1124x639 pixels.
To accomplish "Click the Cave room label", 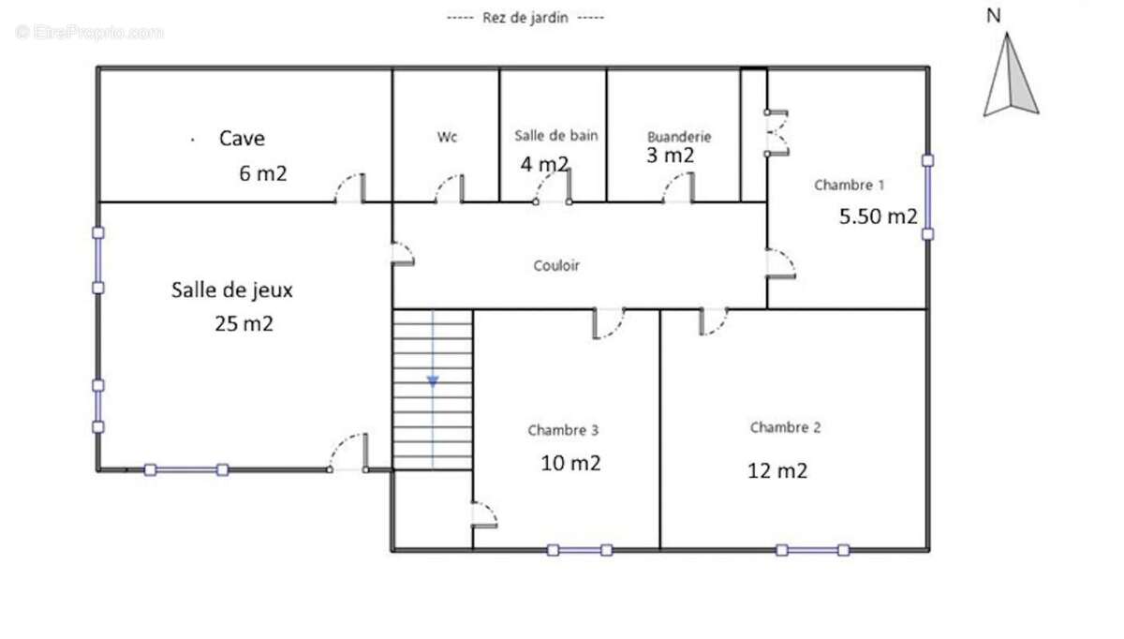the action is pyautogui.click(x=242, y=139).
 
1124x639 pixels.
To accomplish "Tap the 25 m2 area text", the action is pyautogui.click(x=244, y=324).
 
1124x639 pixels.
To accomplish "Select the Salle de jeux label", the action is pyautogui.click(x=232, y=290).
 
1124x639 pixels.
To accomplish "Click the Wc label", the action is pyautogui.click(x=447, y=137).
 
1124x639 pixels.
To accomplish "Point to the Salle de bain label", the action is pyautogui.click(x=556, y=136).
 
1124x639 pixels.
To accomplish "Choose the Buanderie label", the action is pyautogui.click(x=679, y=137).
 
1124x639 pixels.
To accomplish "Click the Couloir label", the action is pyautogui.click(x=556, y=265).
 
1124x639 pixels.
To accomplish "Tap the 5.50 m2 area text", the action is pyautogui.click(x=879, y=216).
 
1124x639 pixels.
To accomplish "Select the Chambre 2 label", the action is pyautogui.click(x=785, y=427).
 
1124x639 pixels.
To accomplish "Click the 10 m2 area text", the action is pyautogui.click(x=570, y=463).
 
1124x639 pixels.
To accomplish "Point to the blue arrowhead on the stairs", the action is pyautogui.click(x=433, y=381).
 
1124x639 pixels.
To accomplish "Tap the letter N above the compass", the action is pyautogui.click(x=994, y=16).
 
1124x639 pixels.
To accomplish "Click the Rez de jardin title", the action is pyautogui.click(x=525, y=18).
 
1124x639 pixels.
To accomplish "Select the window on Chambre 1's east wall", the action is pyautogui.click(x=928, y=198).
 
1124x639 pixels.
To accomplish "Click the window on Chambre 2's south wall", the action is pyautogui.click(x=813, y=550).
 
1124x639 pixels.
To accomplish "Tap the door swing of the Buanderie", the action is pyautogui.click(x=678, y=187).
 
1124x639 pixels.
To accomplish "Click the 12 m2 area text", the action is pyautogui.click(x=777, y=471).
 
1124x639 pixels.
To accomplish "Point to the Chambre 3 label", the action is pyautogui.click(x=563, y=430).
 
